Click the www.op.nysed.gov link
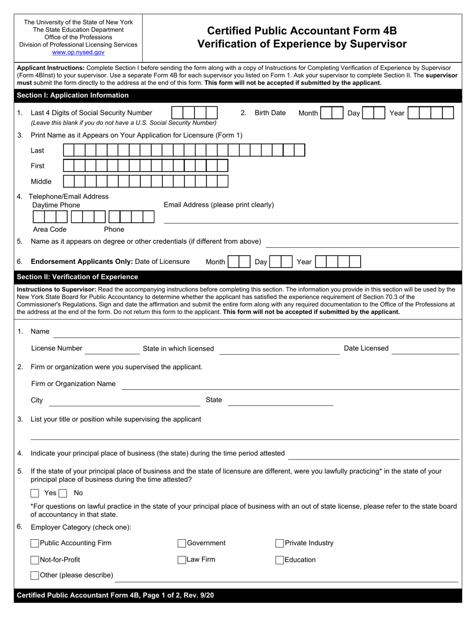point(78,52)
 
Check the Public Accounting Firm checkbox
point(35,543)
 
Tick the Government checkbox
point(182,543)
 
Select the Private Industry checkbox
point(280,543)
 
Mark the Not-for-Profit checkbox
point(35,560)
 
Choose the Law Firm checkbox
point(182,560)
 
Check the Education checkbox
point(280,560)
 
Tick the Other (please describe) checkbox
point(35,575)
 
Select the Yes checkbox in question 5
point(35,494)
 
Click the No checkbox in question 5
point(63,494)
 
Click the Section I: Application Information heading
point(73,95)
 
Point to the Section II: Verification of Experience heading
point(77,277)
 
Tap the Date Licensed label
point(366,348)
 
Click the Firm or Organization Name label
point(73,384)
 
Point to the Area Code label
point(50,229)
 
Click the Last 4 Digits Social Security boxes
point(194,113)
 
